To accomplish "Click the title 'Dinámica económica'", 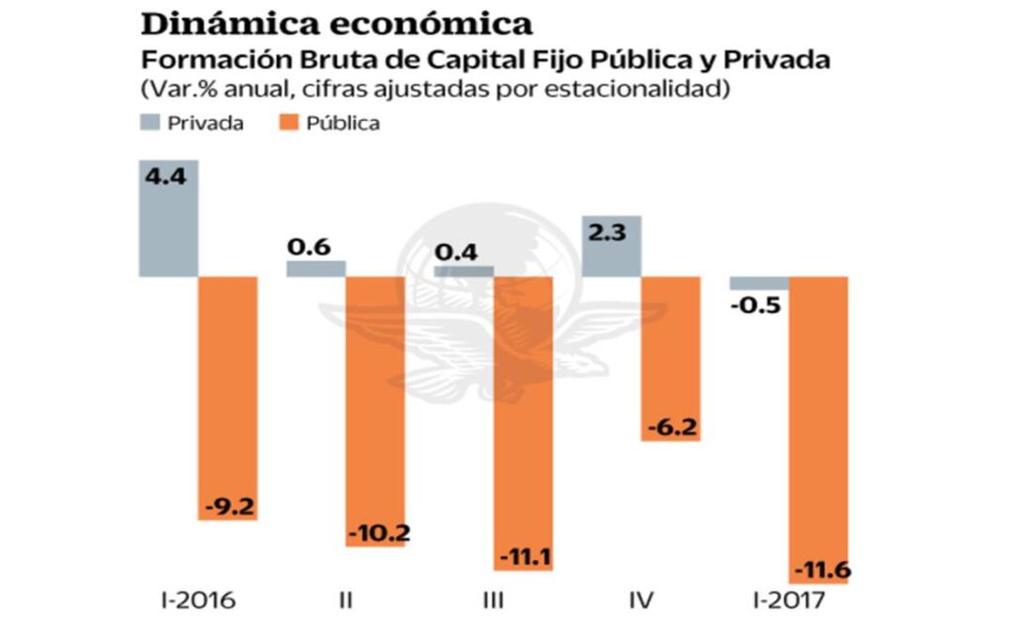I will pos(336,23).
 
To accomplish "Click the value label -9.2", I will pos(228,508).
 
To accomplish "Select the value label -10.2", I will pos(376,533).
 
